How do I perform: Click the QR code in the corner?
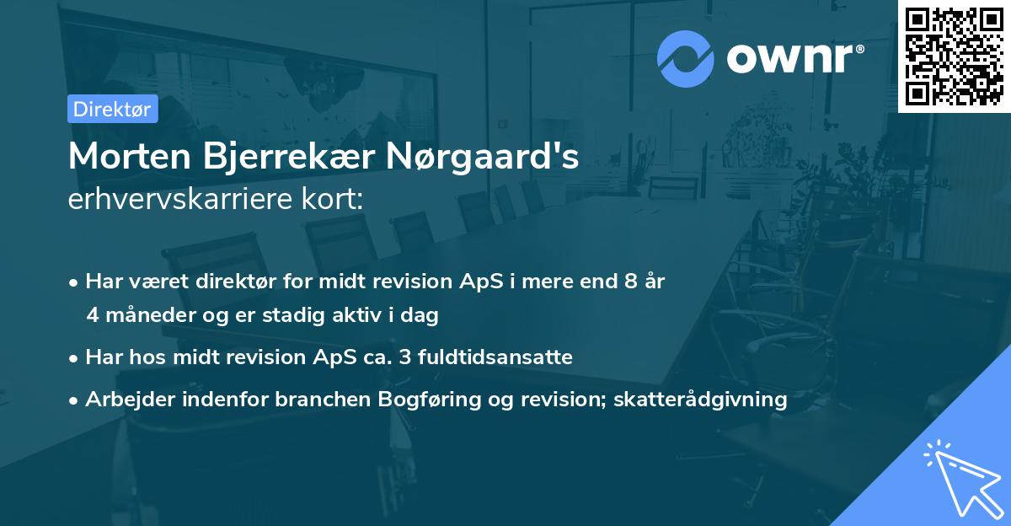click(954, 56)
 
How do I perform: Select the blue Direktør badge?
click(112, 109)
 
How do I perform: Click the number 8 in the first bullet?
click(630, 282)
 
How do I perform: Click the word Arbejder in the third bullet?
click(125, 399)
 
